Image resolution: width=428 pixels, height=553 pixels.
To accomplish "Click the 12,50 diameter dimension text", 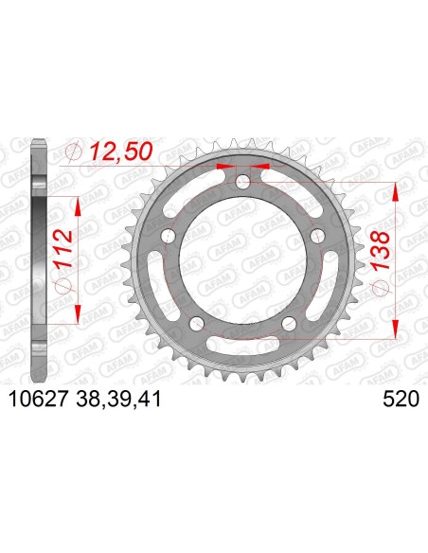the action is point(121,152).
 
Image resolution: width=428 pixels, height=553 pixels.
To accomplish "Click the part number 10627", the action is point(38,400).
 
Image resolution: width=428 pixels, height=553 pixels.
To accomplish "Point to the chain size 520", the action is point(401,400).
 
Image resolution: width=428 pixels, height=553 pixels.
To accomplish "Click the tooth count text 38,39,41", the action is point(118,400).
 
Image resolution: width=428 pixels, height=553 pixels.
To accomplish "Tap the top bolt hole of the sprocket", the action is point(243,183).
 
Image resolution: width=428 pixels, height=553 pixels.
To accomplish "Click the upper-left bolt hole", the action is point(169,235).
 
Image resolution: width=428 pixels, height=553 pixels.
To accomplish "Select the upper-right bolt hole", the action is point(317,235).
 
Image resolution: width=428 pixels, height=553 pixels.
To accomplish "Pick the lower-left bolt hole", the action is point(196,322).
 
